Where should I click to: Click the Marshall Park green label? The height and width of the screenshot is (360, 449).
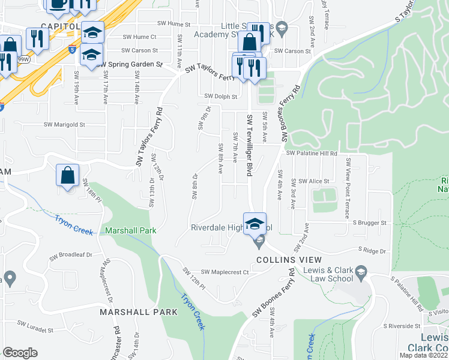point(130,230)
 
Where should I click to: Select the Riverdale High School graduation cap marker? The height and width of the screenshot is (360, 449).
point(255,222)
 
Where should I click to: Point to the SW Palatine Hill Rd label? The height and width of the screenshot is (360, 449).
point(312,154)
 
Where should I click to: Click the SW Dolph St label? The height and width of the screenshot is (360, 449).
point(221,96)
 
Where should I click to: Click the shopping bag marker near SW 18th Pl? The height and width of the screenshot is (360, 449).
point(68,176)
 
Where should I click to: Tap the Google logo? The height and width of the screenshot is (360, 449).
point(20,353)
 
